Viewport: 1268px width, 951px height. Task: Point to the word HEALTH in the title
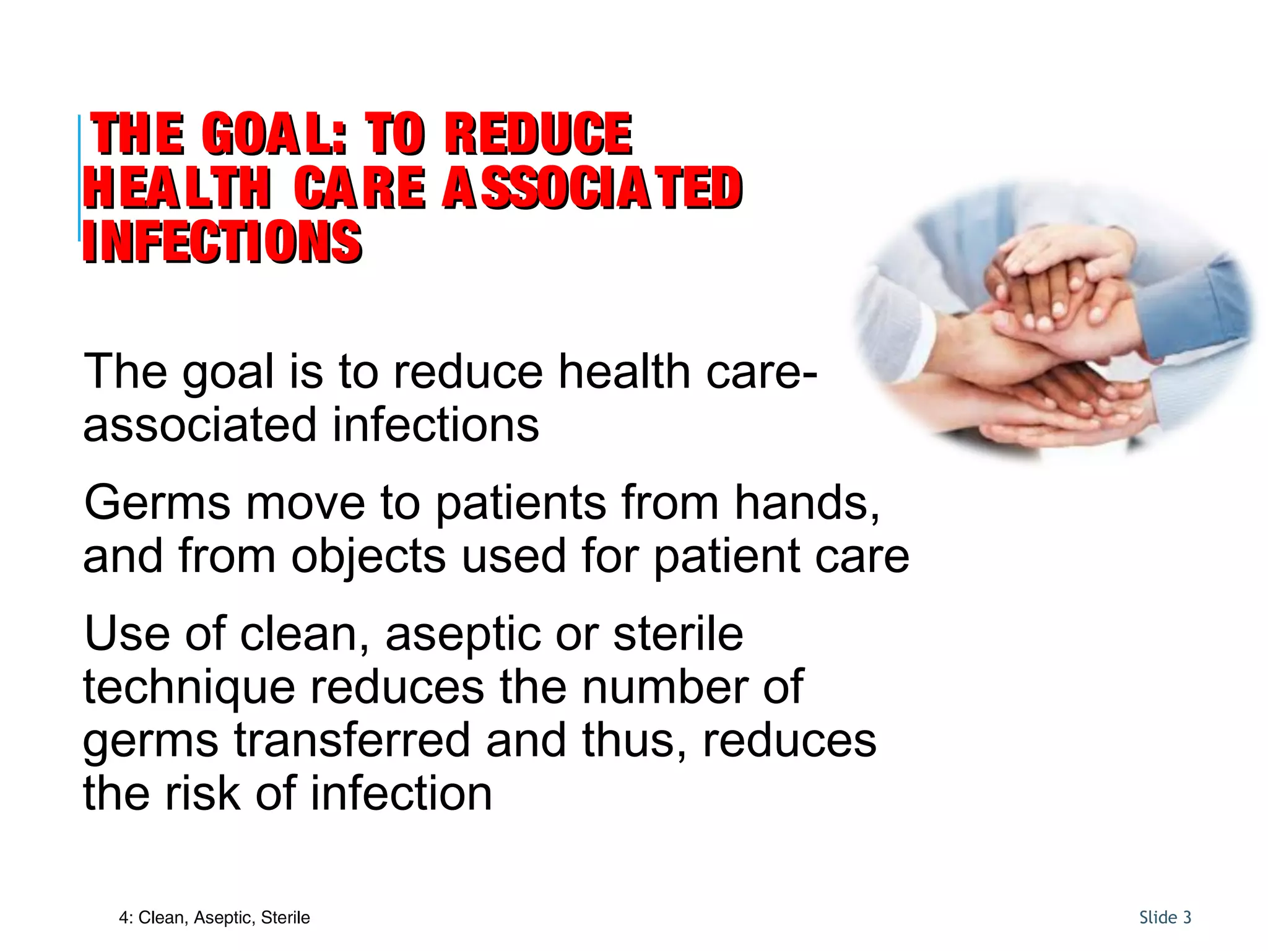click(x=177, y=188)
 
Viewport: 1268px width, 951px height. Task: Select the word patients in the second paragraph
click(x=521, y=503)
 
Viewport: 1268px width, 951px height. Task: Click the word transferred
click(x=352, y=741)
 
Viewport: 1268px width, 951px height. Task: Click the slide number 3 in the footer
click(x=1186, y=918)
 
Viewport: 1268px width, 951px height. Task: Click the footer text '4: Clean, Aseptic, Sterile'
click(x=214, y=918)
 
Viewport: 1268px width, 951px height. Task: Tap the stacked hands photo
click(x=1053, y=322)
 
